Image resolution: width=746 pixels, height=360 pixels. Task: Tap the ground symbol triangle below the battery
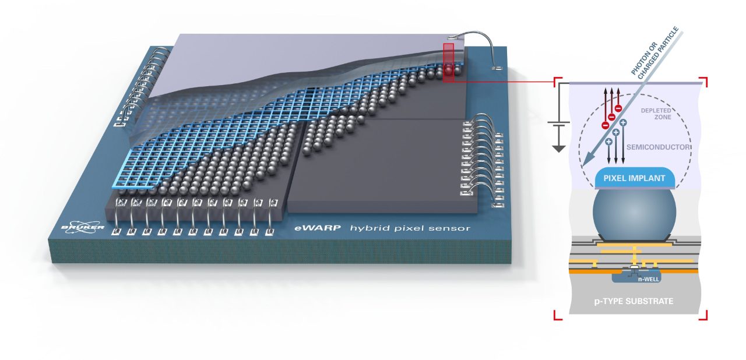point(559,148)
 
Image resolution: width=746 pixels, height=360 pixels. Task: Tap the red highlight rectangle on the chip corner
point(448,62)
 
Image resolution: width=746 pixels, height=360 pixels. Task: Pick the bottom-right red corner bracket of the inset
point(703,315)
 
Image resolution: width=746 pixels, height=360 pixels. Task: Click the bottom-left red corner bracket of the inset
point(557,315)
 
